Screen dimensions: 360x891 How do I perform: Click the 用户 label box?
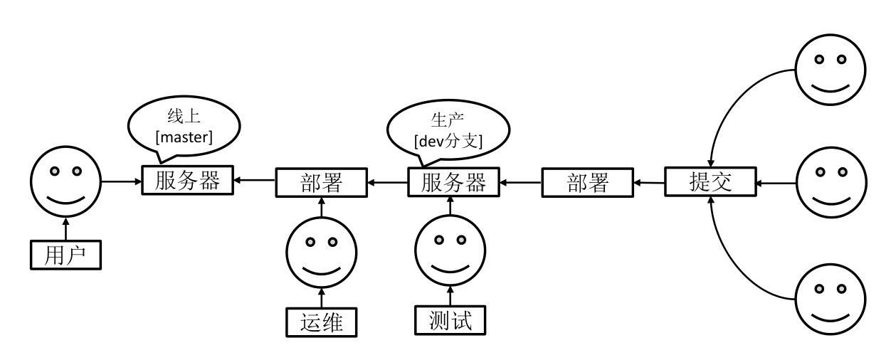(65, 255)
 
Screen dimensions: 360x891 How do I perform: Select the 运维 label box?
(320, 322)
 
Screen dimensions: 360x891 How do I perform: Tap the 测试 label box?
(450, 320)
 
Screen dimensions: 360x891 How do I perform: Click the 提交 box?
(710, 183)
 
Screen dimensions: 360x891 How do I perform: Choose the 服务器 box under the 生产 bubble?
(454, 184)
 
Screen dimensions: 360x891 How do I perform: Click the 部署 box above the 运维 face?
(320, 184)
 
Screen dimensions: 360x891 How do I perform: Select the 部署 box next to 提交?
(587, 184)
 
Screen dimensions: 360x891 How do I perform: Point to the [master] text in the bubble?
(183, 137)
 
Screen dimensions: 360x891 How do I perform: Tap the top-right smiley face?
(830, 69)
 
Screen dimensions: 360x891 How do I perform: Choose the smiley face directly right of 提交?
(830, 183)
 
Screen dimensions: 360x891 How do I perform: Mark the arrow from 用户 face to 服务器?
(121, 182)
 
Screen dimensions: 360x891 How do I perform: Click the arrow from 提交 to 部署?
(649, 184)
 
